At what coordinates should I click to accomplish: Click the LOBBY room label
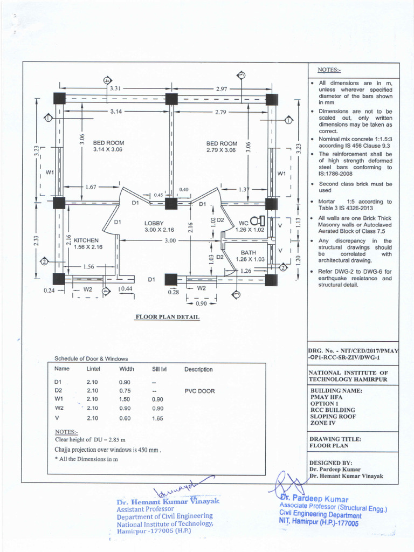tap(154, 223)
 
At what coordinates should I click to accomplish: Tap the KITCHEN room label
tap(86, 240)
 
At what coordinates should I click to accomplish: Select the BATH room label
tap(249, 252)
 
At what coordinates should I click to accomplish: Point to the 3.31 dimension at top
tap(115, 88)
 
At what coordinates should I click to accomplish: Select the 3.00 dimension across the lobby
tap(171, 240)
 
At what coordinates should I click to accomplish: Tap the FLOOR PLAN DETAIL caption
tap(167, 317)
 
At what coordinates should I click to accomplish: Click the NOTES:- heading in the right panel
tap(329, 70)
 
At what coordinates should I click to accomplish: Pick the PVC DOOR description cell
tap(199, 391)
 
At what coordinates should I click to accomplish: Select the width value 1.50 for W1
tap(125, 399)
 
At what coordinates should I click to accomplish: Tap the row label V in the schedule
tap(57, 418)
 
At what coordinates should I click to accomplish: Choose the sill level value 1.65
tap(157, 418)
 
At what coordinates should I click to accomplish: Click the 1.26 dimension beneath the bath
tap(246, 271)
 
